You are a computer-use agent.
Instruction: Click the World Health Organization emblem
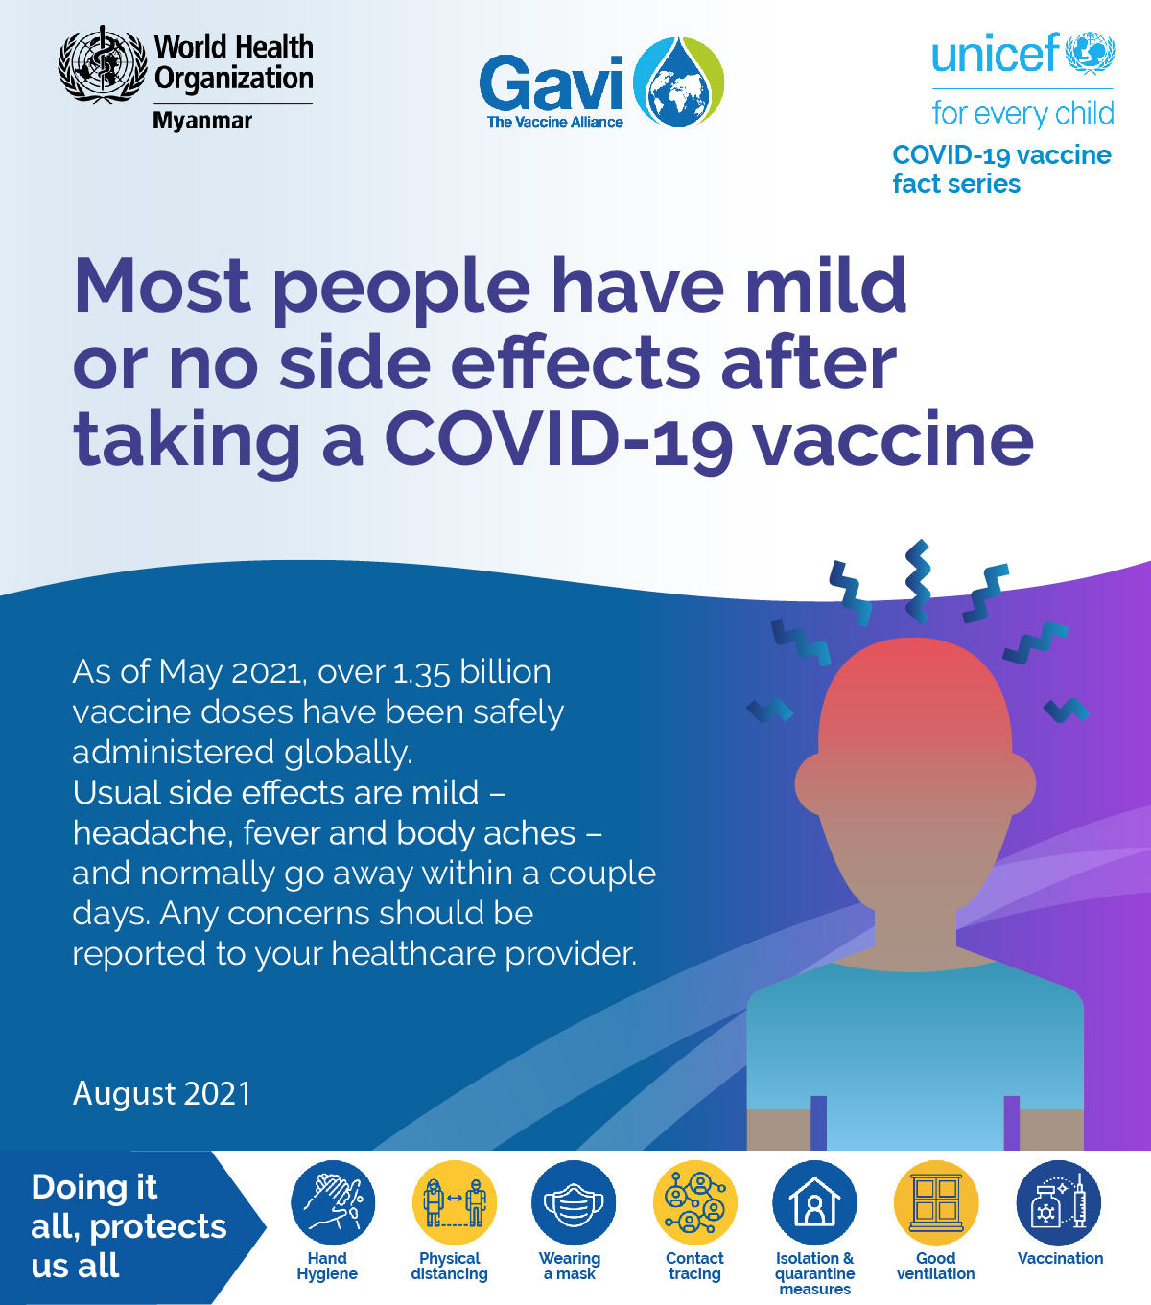coord(102,64)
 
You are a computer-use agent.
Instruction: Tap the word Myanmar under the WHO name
coord(201,121)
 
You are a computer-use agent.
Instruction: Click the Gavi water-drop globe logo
coord(679,82)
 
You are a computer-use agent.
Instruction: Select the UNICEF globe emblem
coord(1090,53)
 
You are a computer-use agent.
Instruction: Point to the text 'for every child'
coord(1022,113)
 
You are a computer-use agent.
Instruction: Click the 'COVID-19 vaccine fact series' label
coord(1001,169)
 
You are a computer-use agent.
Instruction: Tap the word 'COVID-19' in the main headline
coord(559,440)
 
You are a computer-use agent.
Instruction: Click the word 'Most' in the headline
coord(162,285)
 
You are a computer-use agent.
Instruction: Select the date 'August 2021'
coord(162,1093)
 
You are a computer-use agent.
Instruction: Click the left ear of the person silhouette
coord(810,784)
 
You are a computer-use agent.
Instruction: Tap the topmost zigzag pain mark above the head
coord(918,582)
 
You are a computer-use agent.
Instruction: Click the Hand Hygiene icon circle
coord(333,1202)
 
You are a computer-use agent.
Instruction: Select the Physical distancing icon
coord(455,1202)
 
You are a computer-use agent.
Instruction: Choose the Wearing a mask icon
coord(574,1202)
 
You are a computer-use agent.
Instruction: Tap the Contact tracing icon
coord(694,1202)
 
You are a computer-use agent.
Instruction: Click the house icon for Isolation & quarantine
coord(814,1202)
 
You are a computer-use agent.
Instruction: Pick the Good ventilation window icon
coord(936,1202)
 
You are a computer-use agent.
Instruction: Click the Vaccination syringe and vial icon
coord(1059,1202)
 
